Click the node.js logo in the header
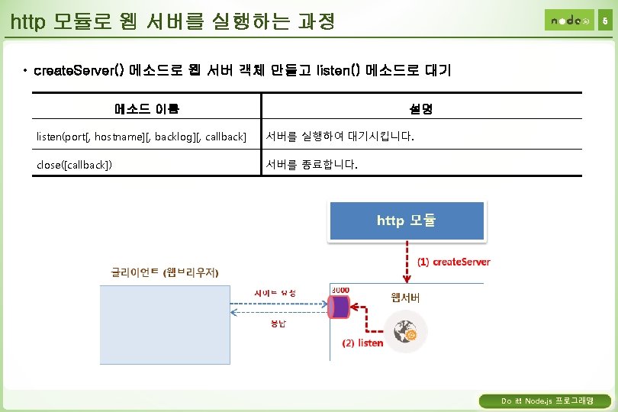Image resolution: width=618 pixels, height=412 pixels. click(x=568, y=21)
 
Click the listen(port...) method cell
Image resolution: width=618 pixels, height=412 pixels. click(x=142, y=137)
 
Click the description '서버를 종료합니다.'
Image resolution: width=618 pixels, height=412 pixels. click(x=311, y=165)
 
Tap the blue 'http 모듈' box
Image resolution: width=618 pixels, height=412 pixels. click(x=406, y=221)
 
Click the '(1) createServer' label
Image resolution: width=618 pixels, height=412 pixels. click(x=453, y=262)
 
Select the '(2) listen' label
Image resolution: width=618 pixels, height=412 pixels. click(x=362, y=343)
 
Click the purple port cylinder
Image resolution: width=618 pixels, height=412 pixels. click(x=339, y=307)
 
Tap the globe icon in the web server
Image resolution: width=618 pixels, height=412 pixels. click(x=405, y=333)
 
